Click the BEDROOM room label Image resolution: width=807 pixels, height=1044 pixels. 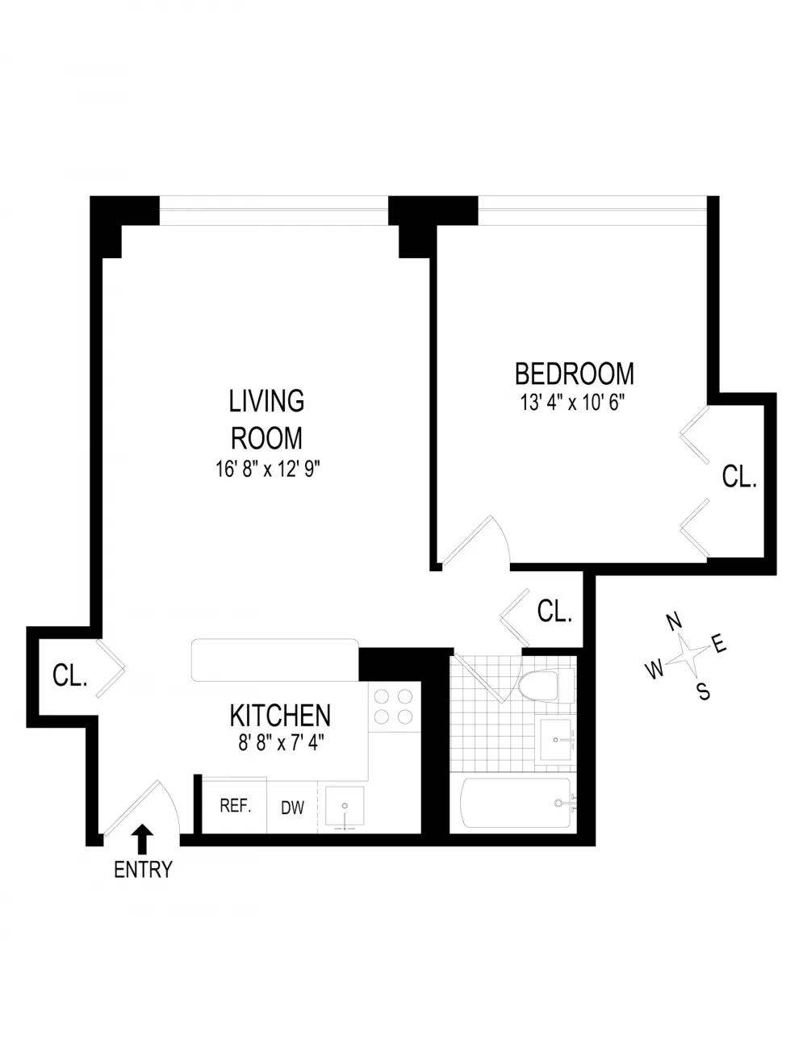point(575,374)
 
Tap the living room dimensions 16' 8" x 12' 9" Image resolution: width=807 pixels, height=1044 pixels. point(268,469)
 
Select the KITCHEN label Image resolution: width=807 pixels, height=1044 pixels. point(280,716)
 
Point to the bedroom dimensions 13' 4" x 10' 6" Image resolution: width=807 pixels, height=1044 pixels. point(573,403)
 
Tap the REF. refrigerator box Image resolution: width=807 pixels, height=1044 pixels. point(234,806)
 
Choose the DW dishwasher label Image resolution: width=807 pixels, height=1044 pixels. point(292,808)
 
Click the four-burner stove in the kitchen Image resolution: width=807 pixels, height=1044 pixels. point(395,707)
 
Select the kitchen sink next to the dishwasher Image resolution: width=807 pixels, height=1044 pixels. point(345,809)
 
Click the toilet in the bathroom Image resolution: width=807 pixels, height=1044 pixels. point(547,686)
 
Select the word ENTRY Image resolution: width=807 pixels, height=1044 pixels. point(143,870)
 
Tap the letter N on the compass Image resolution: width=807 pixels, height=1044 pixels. point(675,622)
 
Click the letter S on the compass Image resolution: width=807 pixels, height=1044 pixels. point(703,691)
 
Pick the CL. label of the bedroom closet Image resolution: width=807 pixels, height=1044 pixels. point(739,477)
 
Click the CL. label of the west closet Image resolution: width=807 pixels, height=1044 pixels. point(69,675)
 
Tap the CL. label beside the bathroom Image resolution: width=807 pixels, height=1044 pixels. point(555,611)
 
